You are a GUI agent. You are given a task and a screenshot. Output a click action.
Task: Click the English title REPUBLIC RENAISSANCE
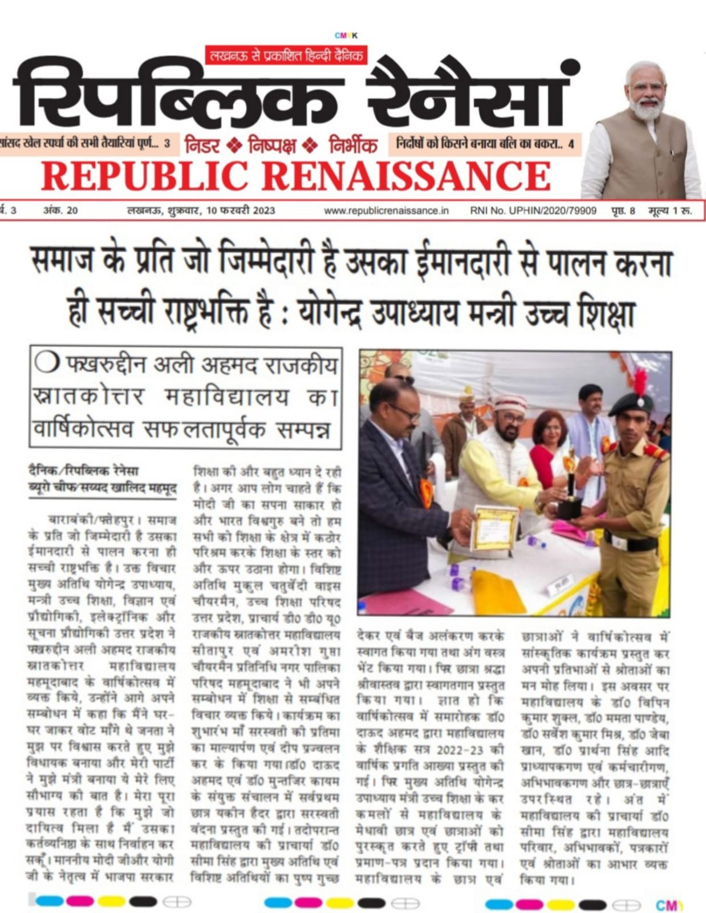click(x=295, y=175)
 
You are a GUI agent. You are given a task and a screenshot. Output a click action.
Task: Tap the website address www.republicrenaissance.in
click(x=386, y=211)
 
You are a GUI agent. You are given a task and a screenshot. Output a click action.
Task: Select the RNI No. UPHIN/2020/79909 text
click(x=533, y=211)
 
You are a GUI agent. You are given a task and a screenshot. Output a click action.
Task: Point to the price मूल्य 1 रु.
click(x=670, y=211)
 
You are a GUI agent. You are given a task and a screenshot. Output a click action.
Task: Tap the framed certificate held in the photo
click(x=494, y=527)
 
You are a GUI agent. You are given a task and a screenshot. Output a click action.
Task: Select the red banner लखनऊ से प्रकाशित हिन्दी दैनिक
click(x=286, y=56)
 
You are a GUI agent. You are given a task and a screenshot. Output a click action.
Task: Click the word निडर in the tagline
click(x=202, y=146)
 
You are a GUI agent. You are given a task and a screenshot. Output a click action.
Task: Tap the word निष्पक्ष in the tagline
click(x=272, y=146)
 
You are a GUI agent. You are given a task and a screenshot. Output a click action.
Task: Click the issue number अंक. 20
click(x=60, y=211)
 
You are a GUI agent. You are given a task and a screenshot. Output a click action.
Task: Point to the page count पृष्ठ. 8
click(x=623, y=211)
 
